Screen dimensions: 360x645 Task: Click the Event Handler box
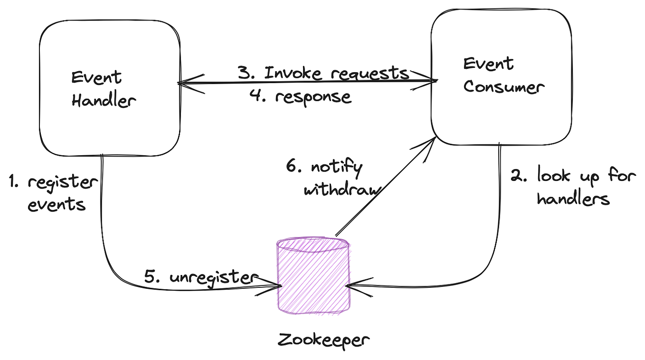coord(110,88)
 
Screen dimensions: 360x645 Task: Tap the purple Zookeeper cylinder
coord(313,280)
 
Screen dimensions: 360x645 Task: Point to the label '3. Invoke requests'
coord(323,73)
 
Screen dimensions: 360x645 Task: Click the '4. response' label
coord(301,96)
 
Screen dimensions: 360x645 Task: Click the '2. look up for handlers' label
coord(573,187)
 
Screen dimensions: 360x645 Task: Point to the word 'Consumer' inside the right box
coord(503,87)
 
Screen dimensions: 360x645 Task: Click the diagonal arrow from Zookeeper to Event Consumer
coord(385,188)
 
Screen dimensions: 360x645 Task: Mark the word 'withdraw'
coord(342,190)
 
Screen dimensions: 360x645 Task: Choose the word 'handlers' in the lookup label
coord(573,199)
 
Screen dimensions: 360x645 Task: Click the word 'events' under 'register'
coord(57,205)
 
